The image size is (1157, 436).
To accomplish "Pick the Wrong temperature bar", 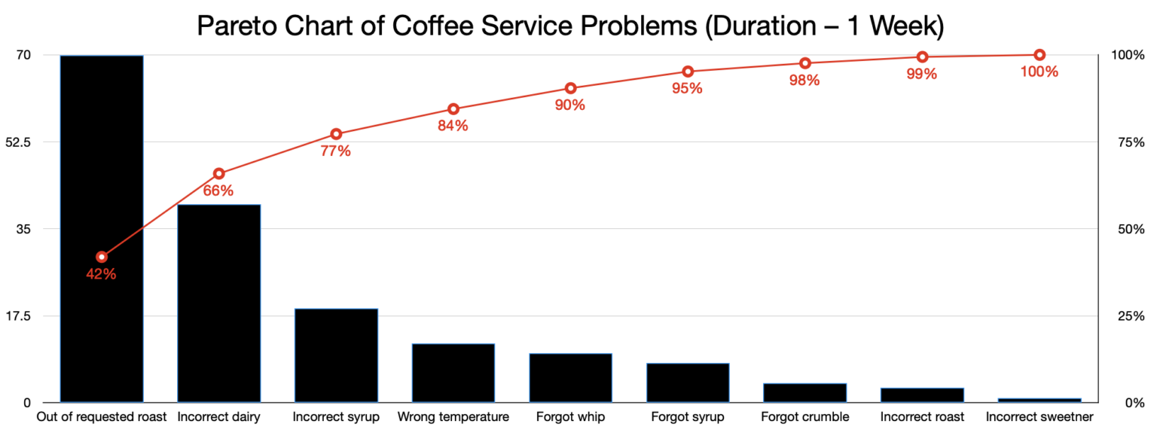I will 453,373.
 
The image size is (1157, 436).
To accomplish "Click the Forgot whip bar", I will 570,377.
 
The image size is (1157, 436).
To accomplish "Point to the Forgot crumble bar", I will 804,392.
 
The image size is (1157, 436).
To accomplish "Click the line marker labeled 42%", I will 102,257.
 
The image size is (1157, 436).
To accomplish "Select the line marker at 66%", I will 218,174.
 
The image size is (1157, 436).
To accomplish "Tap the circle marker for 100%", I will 1039,55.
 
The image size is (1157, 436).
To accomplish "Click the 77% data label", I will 335,151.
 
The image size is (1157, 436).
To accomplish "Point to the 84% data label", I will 453,126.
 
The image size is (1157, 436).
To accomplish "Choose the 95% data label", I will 687,88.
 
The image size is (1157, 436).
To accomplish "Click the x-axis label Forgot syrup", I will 687,416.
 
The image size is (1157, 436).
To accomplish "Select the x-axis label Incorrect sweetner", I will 1039,416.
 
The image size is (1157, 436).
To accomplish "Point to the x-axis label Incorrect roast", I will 922,416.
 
